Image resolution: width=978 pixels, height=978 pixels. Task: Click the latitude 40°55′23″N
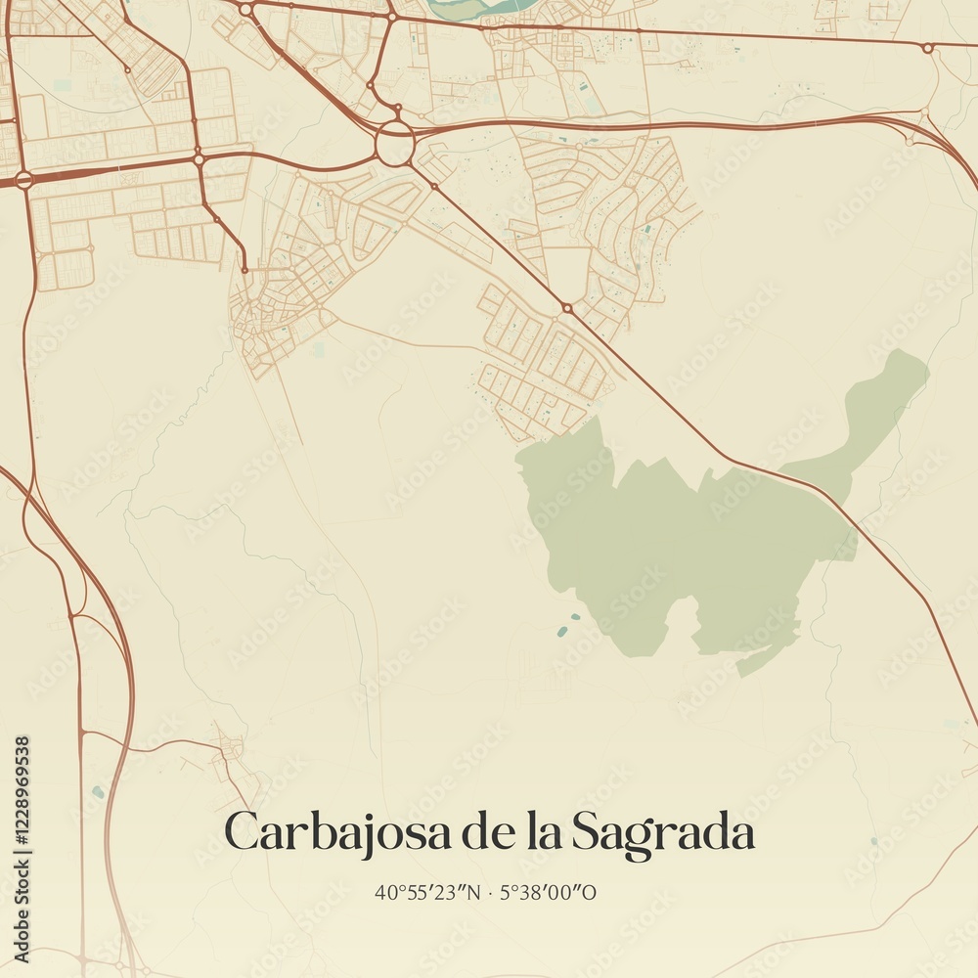[x=422, y=892]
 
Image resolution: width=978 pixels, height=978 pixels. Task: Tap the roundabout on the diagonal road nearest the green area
[x=567, y=308]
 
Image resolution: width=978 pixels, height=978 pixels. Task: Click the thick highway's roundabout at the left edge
[x=23, y=179]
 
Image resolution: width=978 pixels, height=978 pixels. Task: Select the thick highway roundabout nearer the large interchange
[x=199, y=158]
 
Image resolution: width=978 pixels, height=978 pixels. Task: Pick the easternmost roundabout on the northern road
[x=927, y=47]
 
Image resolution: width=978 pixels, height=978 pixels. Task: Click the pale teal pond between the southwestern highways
[x=95, y=790]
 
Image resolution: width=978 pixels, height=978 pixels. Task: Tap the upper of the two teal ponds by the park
[x=575, y=618]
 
